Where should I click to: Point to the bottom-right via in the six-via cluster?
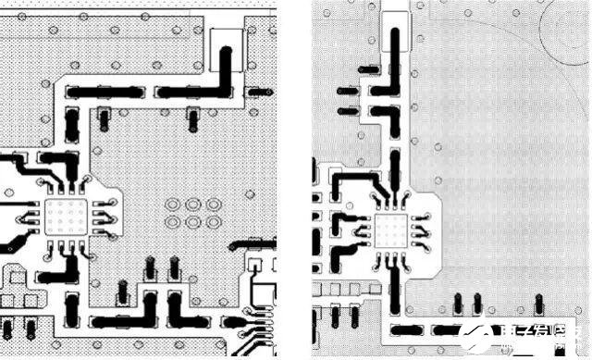pyautogui.click(x=213, y=222)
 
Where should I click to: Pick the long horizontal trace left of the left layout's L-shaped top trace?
pyautogui.click(x=103, y=92)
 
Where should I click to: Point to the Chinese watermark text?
pyautogui.click(x=541, y=339)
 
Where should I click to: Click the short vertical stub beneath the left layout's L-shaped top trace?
pyautogui.click(x=192, y=118)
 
